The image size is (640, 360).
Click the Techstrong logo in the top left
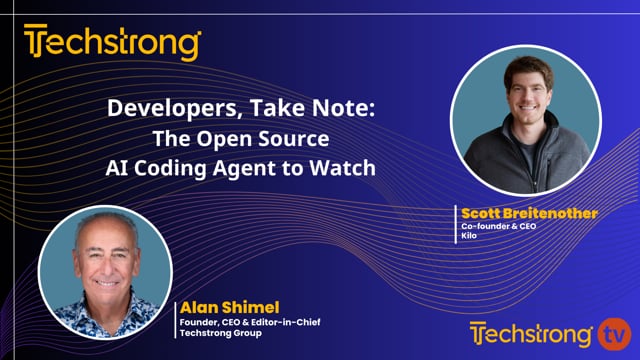click(x=113, y=44)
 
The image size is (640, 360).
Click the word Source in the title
click(x=315, y=139)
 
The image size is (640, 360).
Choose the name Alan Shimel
click(x=218, y=307)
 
